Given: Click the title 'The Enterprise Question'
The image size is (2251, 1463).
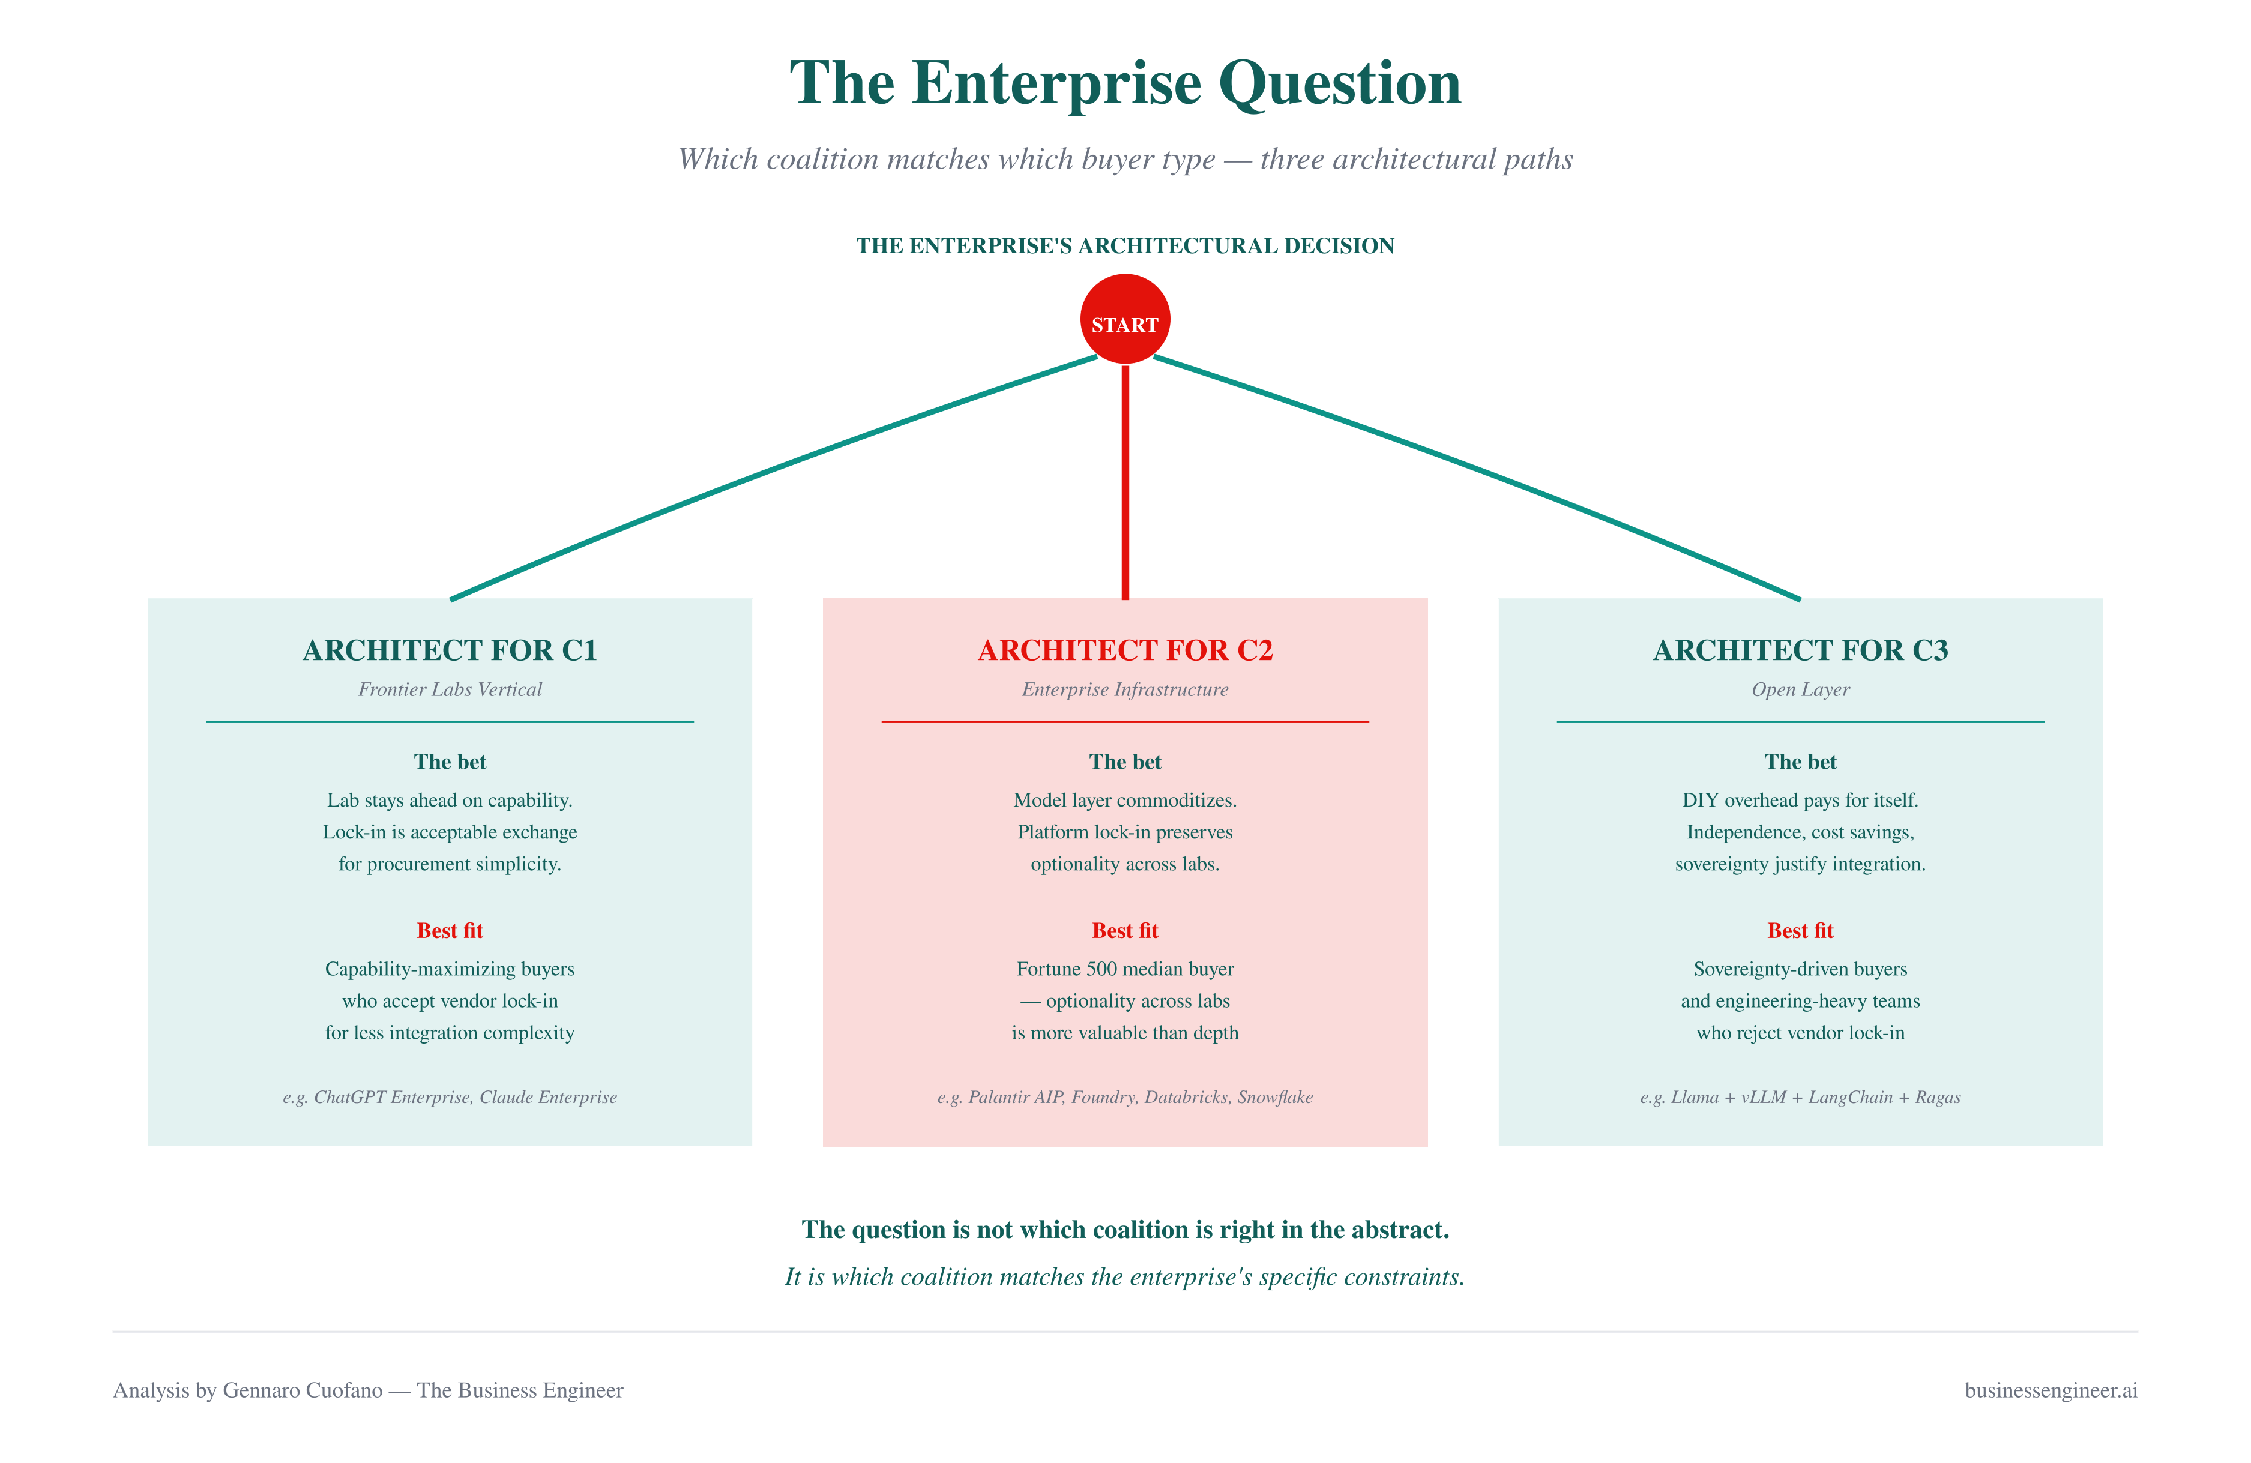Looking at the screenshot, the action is [x=1125, y=83].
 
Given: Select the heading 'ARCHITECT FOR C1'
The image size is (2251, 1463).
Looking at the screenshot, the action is [x=450, y=650].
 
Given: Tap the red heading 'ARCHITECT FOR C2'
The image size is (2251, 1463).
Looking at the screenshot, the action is [x=1125, y=650].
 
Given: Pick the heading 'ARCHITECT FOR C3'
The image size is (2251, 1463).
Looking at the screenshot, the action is [x=1801, y=650].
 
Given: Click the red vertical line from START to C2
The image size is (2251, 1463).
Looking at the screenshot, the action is [x=1125, y=482].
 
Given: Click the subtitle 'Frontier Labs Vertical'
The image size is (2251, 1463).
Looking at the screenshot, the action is [x=450, y=689].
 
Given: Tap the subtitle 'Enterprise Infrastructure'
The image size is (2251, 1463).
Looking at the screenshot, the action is [x=1125, y=689].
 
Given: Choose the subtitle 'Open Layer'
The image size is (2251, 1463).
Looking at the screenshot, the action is [x=1801, y=690].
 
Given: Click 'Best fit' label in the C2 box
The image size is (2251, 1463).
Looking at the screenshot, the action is [x=1125, y=931].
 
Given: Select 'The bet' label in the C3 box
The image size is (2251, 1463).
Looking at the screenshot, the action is [x=1801, y=762].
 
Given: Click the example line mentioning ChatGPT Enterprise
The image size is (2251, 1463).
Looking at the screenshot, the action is [x=450, y=1097].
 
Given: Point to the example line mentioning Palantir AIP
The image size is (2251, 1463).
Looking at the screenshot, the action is [x=1125, y=1097].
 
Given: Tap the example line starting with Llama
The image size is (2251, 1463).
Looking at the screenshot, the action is [x=1801, y=1097].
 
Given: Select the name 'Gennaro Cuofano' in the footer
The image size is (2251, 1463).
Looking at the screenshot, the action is [x=303, y=1390].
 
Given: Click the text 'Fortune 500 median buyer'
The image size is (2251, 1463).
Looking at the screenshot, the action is [x=1125, y=969].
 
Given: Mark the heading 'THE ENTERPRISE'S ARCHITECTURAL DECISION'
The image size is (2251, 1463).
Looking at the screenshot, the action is [x=1125, y=246].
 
